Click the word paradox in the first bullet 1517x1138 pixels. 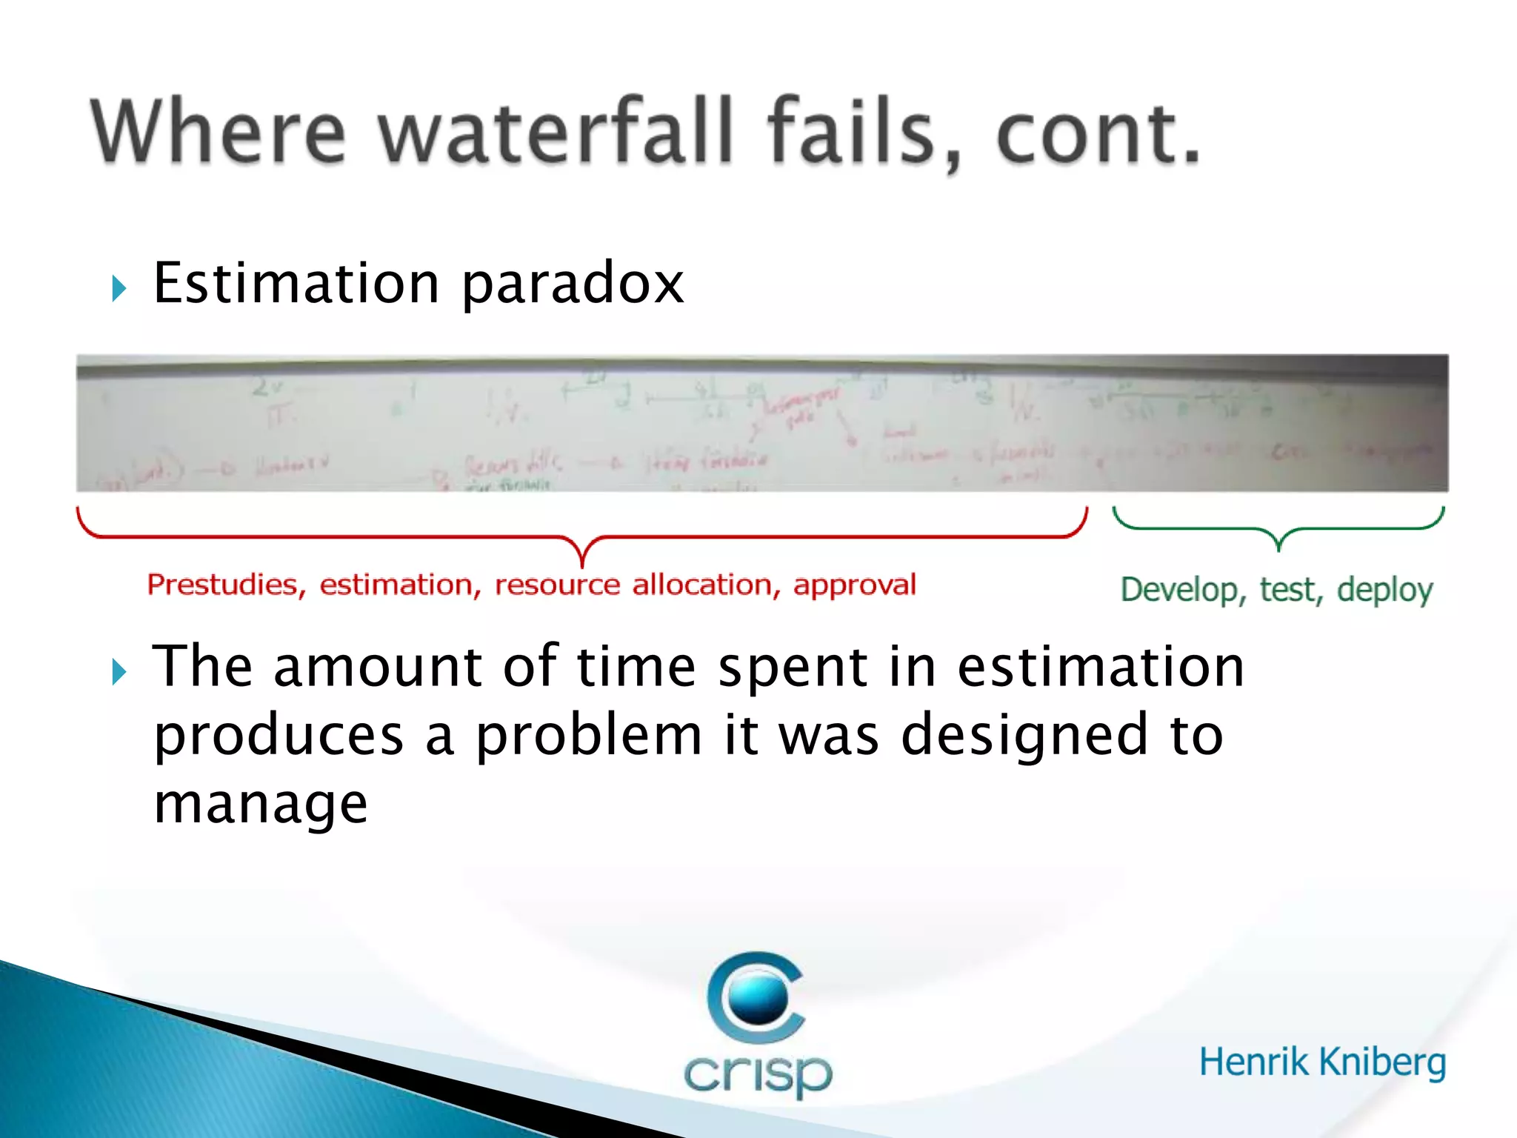click(573, 283)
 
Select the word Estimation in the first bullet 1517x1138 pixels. click(296, 283)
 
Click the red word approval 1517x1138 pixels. click(854, 585)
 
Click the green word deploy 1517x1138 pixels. click(1384, 590)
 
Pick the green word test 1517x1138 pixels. click(1290, 590)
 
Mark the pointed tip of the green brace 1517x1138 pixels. click(1278, 550)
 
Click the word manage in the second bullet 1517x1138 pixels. click(261, 805)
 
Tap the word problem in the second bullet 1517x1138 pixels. click(588, 736)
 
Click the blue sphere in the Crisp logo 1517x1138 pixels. click(757, 997)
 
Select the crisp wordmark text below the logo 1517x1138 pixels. click(758, 1074)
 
